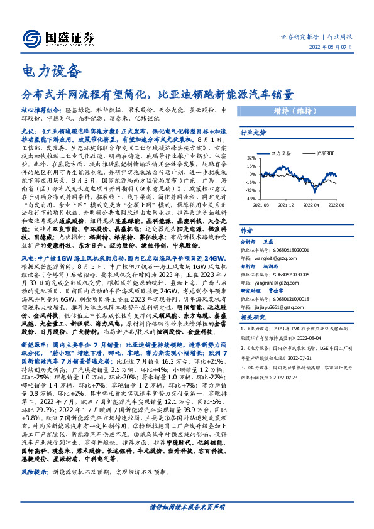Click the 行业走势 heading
(x=254, y=133)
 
